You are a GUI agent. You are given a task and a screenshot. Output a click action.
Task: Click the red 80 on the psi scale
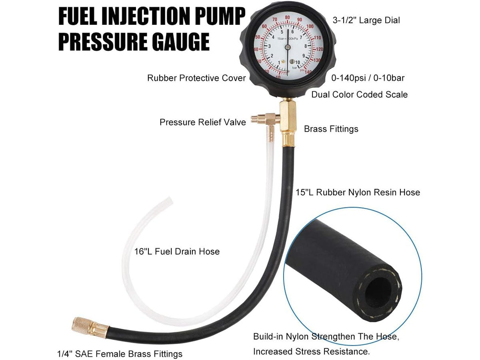287,18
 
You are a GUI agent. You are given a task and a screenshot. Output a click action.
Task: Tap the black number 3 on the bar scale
270,46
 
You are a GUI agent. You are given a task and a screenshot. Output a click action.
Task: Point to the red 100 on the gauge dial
310,26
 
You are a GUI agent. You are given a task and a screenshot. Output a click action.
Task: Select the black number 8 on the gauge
306,46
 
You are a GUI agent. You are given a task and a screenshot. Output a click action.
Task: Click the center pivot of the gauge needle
288,46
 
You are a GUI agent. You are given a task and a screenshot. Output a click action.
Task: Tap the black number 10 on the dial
298,62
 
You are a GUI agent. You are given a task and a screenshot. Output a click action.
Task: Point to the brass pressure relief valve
265,119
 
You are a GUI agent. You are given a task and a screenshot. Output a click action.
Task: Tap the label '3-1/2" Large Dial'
366,20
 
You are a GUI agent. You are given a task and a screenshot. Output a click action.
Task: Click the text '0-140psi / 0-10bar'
368,78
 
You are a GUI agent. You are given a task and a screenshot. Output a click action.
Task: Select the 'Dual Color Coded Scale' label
360,95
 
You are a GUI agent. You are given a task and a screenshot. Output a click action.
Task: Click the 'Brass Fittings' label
331,129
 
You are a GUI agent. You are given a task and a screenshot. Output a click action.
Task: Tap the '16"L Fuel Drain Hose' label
177,252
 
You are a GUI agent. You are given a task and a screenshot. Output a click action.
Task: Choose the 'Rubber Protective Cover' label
196,78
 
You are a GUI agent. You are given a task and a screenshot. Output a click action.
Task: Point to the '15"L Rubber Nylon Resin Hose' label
358,192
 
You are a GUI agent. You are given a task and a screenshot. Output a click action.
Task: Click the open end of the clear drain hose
169,200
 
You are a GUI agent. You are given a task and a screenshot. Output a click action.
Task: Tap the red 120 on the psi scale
320,49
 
